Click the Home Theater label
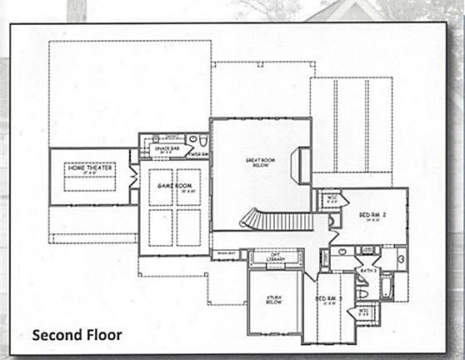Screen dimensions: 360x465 pos(89,167)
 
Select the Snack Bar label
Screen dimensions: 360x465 pos(163,149)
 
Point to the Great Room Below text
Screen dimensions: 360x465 pos(254,162)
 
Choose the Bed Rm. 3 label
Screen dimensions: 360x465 pos(327,299)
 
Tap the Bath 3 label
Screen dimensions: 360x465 pos(369,271)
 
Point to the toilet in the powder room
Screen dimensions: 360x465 pos(192,140)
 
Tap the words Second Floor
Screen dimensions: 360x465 pos(77,335)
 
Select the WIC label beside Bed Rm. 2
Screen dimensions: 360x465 pos(332,198)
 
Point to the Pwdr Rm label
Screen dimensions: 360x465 pos(199,154)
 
